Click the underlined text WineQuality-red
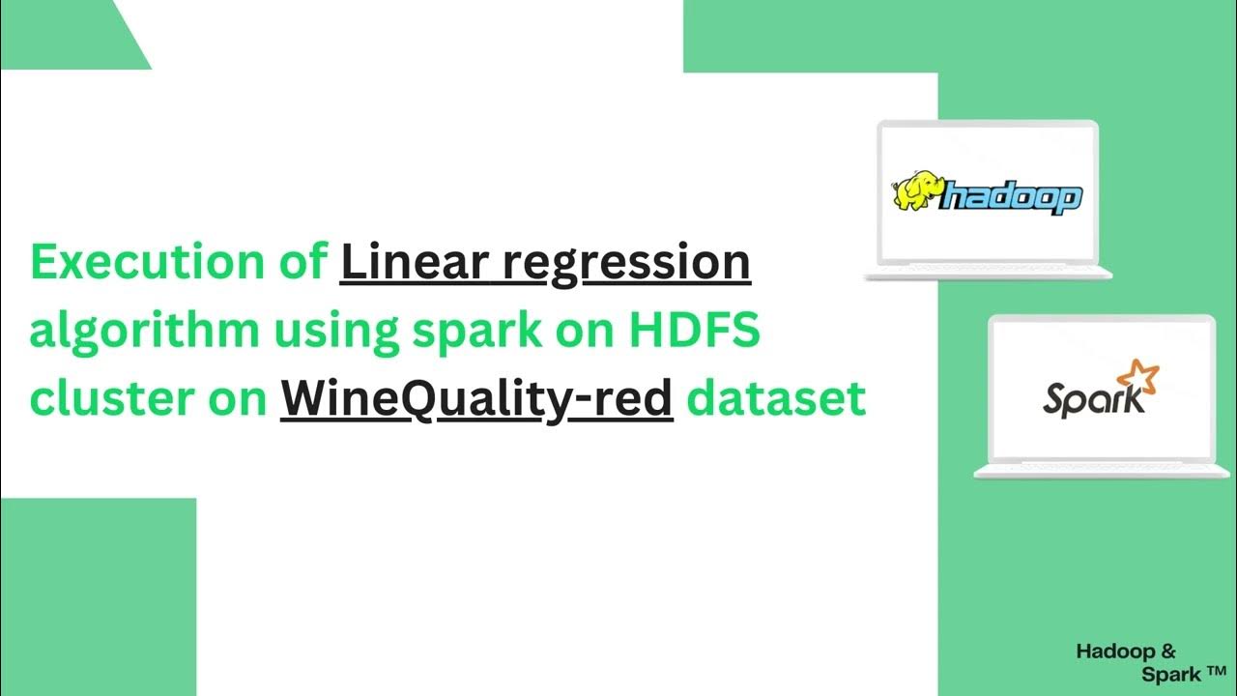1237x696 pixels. point(476,399)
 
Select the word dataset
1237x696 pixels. point(776,398)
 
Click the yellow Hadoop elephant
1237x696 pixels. point(916,191)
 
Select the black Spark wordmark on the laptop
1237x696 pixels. point(1083,398)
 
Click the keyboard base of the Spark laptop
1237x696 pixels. point(1100,470)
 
